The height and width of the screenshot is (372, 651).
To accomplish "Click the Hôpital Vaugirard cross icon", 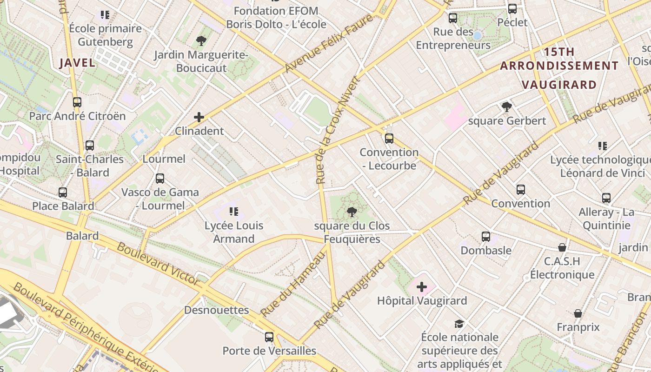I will point(422,287).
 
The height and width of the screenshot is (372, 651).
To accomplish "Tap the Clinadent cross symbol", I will point(199,117).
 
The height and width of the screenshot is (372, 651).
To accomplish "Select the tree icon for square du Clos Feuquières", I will point(352,213).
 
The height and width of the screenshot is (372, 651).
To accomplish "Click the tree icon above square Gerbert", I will point(507,107).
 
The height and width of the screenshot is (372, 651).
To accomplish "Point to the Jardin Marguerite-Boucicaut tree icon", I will point(201,41).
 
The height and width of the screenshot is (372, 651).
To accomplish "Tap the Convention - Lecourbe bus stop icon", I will point(389,138).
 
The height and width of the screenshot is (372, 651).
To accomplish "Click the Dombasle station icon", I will point(486,236).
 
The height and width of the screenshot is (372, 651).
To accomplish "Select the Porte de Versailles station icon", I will point(269,337).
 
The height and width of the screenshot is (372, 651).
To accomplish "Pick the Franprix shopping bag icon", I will point(578,313).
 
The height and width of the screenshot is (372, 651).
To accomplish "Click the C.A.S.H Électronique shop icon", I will point(562,247).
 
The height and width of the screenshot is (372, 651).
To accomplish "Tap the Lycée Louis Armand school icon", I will point(234,212).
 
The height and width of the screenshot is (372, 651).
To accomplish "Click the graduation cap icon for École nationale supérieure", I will point(459,323).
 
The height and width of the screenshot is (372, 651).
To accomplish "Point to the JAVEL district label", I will point(78,63).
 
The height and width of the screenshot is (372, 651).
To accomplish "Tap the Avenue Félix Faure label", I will point(329,43).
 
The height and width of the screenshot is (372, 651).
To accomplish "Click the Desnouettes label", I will point(216,310).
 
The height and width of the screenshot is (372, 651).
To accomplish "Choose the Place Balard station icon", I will point(63,192).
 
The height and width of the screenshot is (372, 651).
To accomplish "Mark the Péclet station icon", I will point(512,8).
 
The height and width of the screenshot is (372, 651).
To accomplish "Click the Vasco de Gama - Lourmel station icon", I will point(160,178).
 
